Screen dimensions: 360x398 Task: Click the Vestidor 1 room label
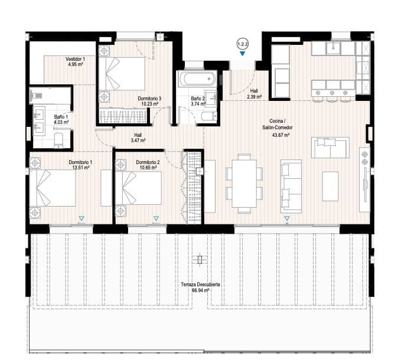tap(76, 58)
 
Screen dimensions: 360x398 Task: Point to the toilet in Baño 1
tap(59, 139)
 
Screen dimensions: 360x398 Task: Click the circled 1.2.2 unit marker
tap(242, 44)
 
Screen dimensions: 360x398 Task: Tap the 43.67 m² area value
tap(279, 135)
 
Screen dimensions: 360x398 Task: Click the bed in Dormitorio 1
tap(54, 188)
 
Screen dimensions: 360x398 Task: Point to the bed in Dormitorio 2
tap(139, 187)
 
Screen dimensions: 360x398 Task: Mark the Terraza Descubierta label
tap(200, 284)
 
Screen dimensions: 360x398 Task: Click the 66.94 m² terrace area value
tap(200, 290)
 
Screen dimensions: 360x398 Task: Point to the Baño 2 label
tap(197, 98)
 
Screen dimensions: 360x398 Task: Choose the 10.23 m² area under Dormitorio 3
tap(149, 104)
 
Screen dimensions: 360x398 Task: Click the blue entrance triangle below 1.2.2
tap(242, 54)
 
